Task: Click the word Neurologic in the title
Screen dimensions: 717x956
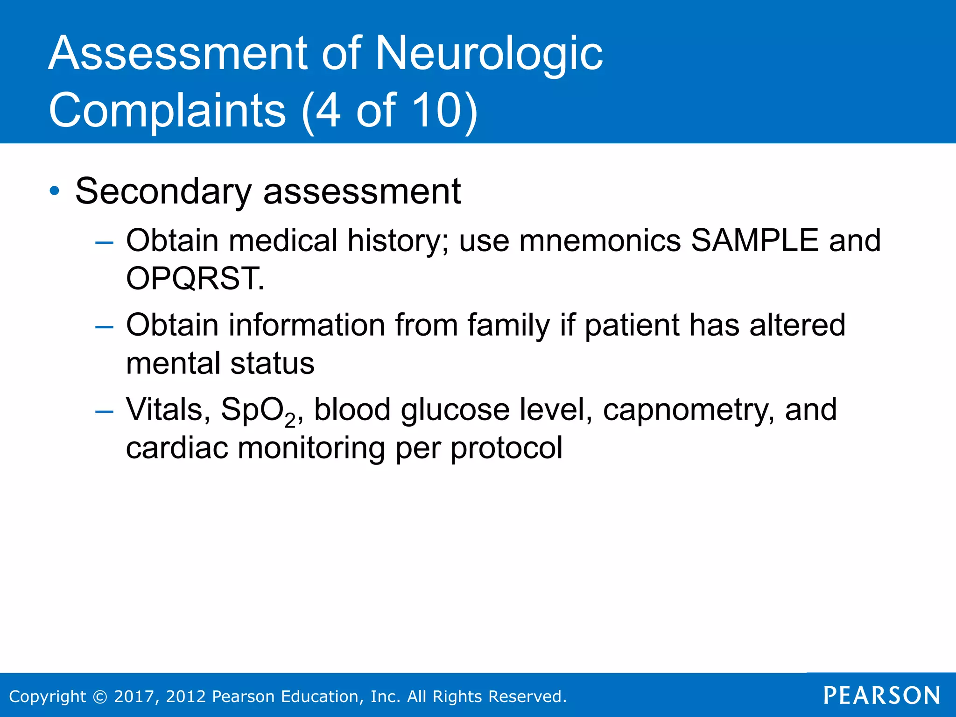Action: click(488, 55)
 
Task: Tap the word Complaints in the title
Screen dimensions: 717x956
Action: click(167, 110)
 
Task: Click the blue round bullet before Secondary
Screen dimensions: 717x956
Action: click(55, 191)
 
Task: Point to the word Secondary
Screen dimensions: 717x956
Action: click(163, 192)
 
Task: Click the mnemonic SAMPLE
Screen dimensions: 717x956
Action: click(754, 241)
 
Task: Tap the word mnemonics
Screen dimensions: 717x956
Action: click(600, 241)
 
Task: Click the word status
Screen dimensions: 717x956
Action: click(272, 363)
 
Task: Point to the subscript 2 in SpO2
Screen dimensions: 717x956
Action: click(290, 421)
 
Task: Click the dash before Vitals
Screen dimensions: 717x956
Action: click(104, 411)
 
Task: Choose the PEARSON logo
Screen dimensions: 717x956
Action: click(881, 696)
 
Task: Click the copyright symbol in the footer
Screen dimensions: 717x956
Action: click(100, 696)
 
